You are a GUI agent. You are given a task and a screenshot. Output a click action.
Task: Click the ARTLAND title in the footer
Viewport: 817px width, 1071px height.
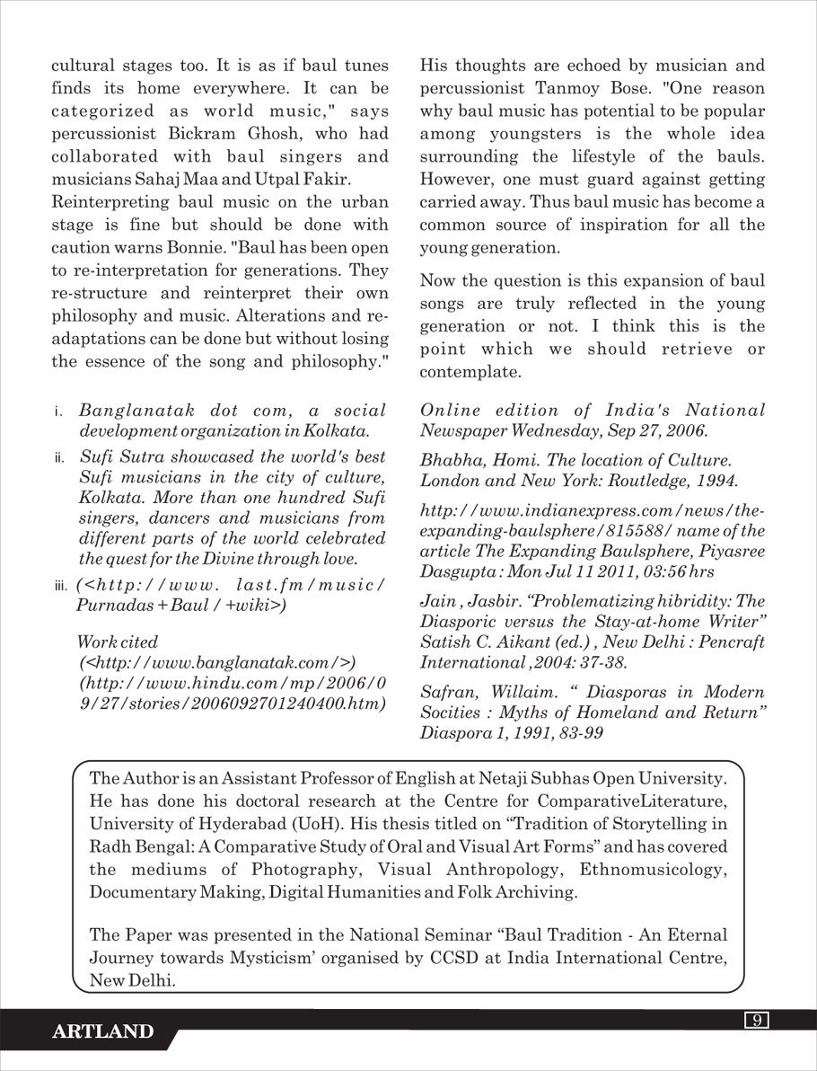103,1031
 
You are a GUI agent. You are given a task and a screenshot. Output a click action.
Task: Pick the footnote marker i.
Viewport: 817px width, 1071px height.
57,412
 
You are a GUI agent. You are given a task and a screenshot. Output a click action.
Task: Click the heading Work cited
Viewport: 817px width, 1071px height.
118,642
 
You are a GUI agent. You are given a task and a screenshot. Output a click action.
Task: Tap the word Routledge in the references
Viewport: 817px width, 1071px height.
629,480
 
